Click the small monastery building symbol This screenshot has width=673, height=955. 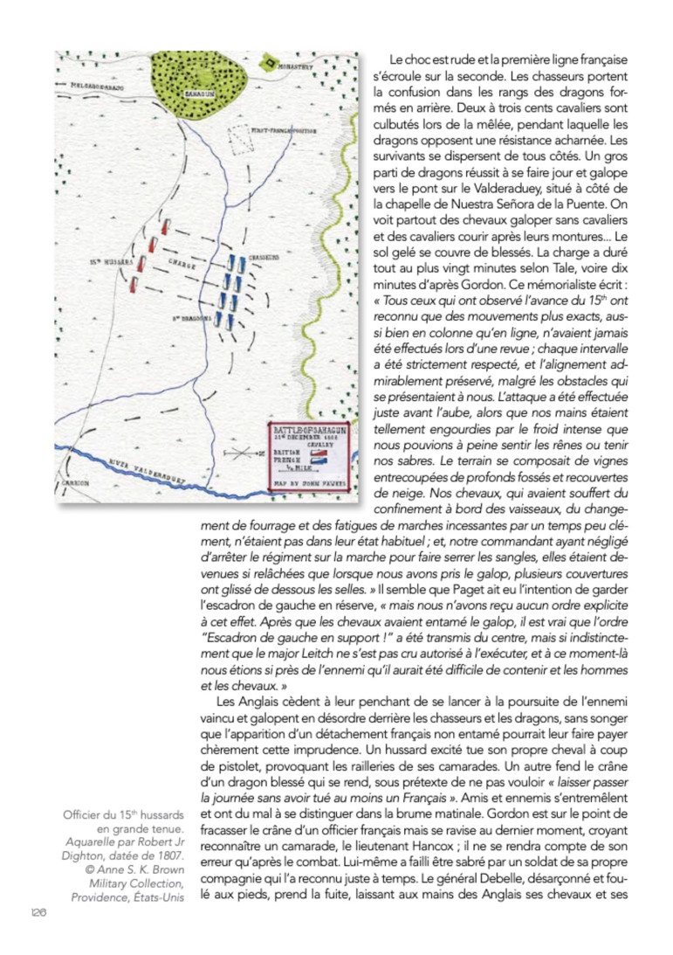coord(269,63)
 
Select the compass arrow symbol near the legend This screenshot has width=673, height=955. coord(239,453)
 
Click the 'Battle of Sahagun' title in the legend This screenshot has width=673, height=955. coord(310,430)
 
